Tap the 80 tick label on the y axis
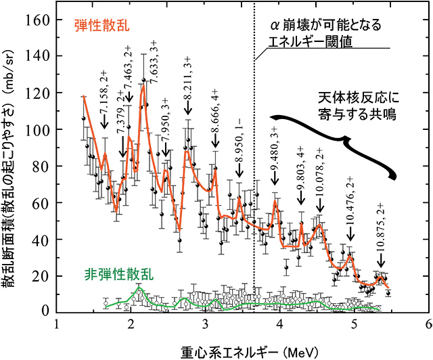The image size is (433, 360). (41, 165)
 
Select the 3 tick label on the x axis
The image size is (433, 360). (206, 324)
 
